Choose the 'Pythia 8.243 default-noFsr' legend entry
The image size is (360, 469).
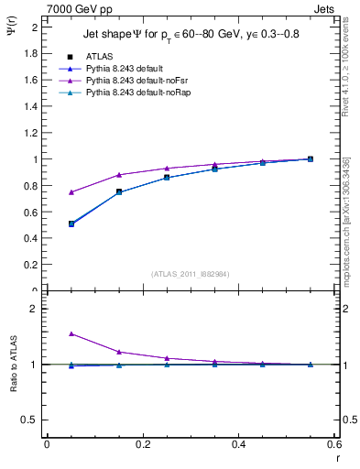137,82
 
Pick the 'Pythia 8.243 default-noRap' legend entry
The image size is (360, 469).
138,94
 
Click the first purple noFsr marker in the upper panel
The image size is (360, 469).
71,192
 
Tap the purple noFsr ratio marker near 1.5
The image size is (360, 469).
71,334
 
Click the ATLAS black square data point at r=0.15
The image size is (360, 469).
119,191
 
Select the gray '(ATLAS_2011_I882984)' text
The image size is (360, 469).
191,273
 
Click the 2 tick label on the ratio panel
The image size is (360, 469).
34,309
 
